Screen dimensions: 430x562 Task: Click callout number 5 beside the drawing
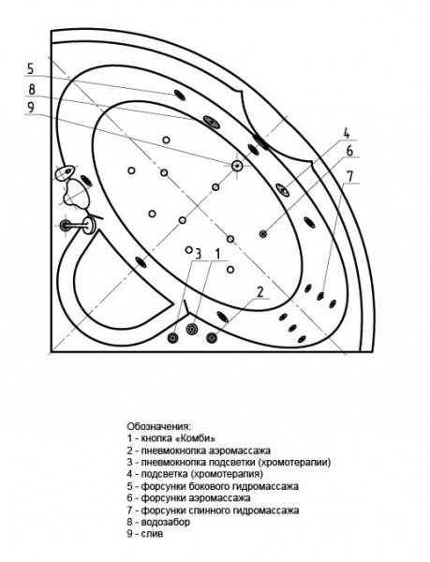pos(31,68)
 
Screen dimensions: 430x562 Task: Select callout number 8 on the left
pos(31,89)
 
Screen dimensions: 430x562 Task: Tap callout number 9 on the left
pos(31,108)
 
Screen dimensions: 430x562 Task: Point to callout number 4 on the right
pos(346,132)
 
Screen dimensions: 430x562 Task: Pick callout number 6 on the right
pos(348,151)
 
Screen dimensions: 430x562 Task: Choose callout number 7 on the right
pos(349,176)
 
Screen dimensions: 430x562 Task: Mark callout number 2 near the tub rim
pos(259,292)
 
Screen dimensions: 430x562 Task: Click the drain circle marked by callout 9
pos(237,166)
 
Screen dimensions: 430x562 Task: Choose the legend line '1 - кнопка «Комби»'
pos(172,438)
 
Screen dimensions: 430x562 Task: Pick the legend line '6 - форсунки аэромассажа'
pos(192,498)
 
